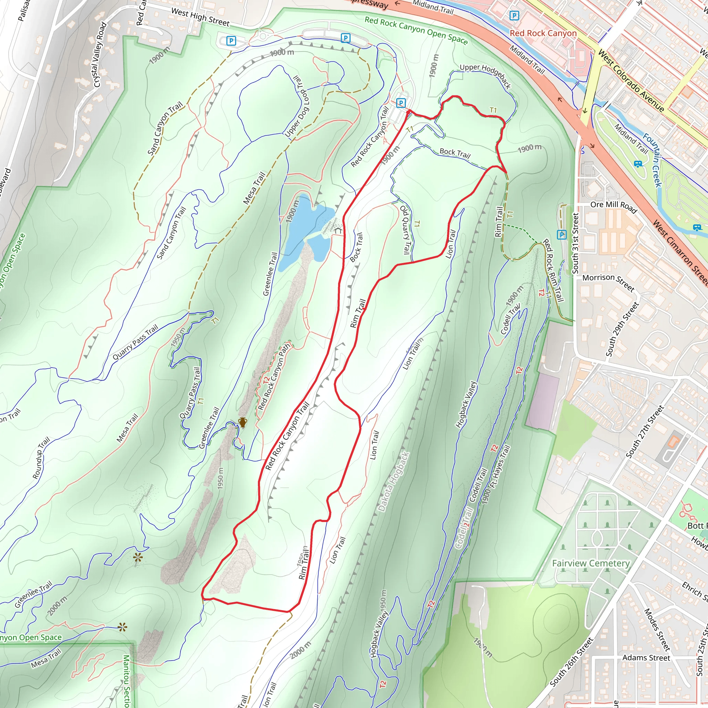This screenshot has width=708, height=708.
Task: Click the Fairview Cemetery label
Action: point(590,563)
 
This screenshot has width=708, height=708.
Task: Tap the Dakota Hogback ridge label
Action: point(394,482)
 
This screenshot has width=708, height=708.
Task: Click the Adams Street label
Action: point(646,658)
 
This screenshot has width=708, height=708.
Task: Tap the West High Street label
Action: point(201,17)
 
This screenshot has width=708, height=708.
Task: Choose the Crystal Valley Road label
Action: point(100,55)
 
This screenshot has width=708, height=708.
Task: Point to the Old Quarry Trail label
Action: point(405,230)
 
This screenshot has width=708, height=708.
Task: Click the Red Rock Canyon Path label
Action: point(274,377)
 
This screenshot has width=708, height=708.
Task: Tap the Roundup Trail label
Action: point(41,458)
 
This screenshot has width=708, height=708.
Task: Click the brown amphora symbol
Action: point(242,422)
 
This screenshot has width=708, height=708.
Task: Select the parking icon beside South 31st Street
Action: point(561,234)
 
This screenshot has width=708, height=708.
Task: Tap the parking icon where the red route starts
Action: point(401,103)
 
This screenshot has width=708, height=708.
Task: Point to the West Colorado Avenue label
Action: point(631,80)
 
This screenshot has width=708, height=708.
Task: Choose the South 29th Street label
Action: point(622,329)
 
